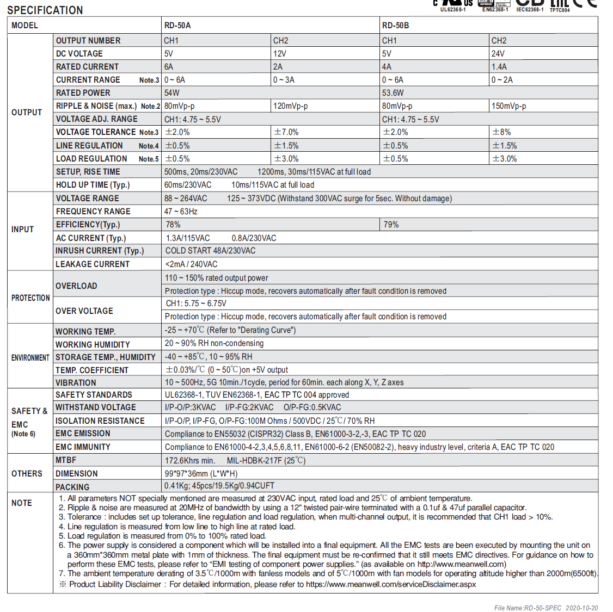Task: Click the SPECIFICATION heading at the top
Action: coord(45,10)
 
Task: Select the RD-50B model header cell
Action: coord(395,26)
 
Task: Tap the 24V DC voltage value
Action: coord(498,54)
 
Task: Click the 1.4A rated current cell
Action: coord(499,67)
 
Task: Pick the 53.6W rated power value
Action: coord(393,93)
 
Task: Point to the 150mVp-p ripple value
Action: coord(508,106)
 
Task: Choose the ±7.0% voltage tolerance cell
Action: coord(286,132)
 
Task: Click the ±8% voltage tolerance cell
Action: coord(501,132)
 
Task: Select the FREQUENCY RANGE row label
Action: coord(93,212)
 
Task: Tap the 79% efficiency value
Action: coord(391,225)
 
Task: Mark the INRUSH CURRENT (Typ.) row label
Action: coord(100,251)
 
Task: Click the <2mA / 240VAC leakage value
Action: coord(191,264)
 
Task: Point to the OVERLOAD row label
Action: coord(76,286)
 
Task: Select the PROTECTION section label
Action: coord(30,298)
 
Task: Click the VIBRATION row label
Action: coord(76,383)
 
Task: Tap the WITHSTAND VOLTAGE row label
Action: coord(96,407)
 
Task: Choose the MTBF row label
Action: coord(66,460)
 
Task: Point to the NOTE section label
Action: coord(22,503)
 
